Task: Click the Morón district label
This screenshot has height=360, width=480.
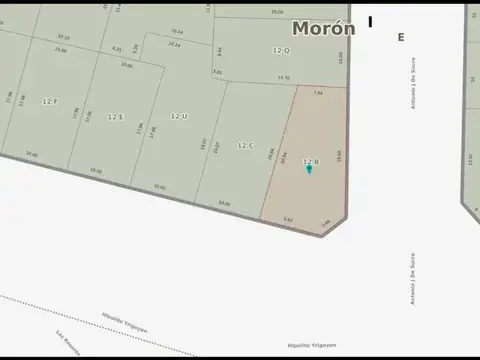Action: pyautogui.click(x=322, y=29)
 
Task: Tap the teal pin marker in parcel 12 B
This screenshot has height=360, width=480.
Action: pyautogui.click(x=309, y=169)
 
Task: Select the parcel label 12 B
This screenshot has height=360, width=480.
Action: pyautogui.click(x=310, y=160)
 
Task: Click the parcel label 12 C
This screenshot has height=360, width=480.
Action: pyautogui.click(x=245, y=145)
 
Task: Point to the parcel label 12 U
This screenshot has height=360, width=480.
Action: pyautogui.click(x=179, y=116)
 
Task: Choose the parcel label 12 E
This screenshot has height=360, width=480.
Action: pyautogui.click(x=115, y=116)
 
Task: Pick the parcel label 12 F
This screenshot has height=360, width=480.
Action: pyautogui.click(x=50, y=101)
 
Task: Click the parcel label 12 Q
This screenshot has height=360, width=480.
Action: pyautogui.click(x=281, y=50)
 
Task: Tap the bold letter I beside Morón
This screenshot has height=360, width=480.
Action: pyautogui.click(x=370, y=22)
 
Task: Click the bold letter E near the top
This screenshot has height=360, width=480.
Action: pyautogui.click(x=401, y=37)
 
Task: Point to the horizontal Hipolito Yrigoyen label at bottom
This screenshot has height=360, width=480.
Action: pyautogui.click(x=312, y=345)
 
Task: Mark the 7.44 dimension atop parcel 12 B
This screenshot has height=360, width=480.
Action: pyautogui.click(x=318, y=92)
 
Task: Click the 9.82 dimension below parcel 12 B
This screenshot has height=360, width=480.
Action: pyautogui.click(x=288, y=219)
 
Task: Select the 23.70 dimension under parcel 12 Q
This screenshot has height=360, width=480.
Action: pyautogui.click(x=283, y=77)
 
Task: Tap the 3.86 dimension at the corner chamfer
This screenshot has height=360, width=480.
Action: pyautogui.click(x=326, y=224)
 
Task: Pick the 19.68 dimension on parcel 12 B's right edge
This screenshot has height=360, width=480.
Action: pyautogui.click(x=339, y=155)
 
